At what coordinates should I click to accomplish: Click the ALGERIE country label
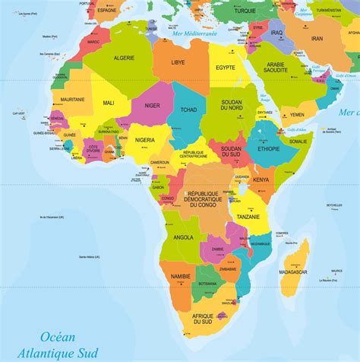click(x=124, y=59)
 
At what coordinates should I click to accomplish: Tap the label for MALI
click(x=109, y=101)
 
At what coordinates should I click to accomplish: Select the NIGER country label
click(x=153, y=106)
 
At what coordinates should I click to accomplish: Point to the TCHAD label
click(x=188, y=110)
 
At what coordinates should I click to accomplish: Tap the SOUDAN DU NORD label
click(x=231, y=106)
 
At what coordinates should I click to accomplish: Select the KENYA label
click(x=261, y=179)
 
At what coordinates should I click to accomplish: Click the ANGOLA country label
click(x=184, y=237)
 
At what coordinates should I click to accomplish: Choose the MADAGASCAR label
click(x=293, y=271)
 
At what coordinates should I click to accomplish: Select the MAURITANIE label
click(x=72, y=100)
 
